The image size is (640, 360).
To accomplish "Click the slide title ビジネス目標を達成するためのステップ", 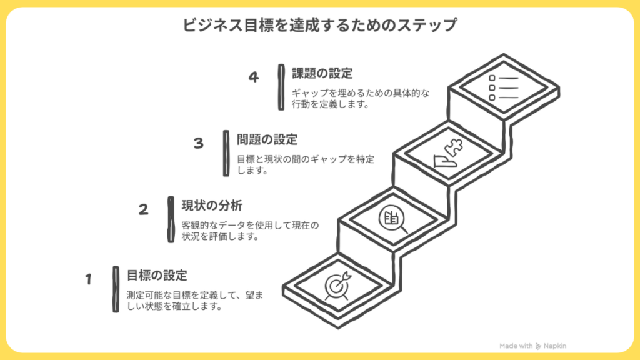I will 320,26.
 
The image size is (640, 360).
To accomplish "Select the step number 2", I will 144,210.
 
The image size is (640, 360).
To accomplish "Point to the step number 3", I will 199,143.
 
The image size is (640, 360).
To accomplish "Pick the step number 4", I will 253,77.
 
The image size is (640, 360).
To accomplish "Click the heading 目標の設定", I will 157,275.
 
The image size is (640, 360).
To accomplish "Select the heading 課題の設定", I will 322,72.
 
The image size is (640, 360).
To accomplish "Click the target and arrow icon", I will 339,285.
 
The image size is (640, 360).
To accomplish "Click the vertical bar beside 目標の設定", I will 116,289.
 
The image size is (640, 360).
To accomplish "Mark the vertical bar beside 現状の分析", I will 171,219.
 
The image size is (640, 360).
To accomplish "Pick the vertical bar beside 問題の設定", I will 226,153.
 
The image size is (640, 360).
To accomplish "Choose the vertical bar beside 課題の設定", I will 281,87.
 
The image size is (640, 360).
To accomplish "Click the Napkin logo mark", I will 539,346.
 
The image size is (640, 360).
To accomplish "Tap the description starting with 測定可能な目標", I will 194,301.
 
